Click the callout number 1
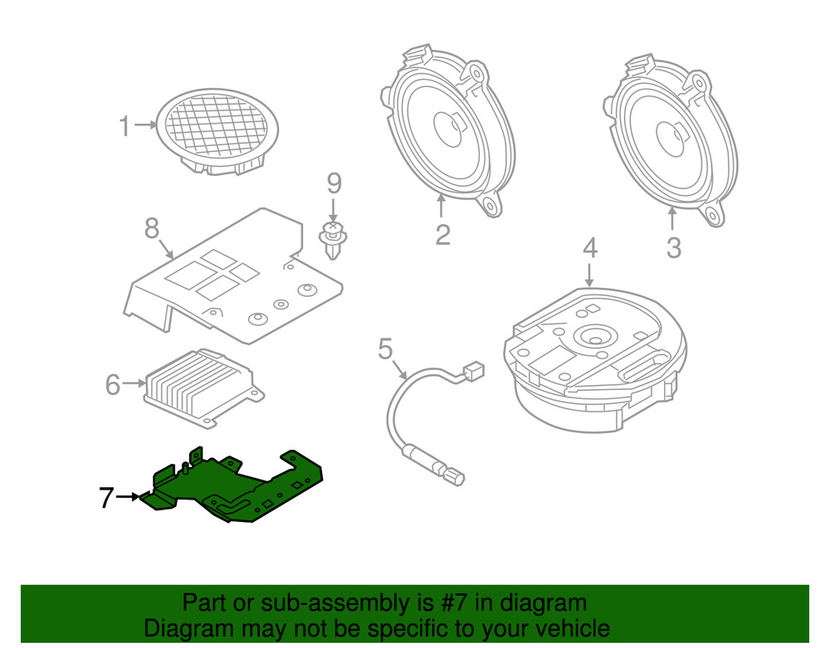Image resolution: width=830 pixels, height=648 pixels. [x=124, y=127]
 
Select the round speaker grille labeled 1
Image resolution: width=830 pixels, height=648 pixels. [x=217, y=130]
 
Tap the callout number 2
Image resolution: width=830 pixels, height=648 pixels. [x=442, y=235]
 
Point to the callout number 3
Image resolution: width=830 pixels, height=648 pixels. [x=673, y=246]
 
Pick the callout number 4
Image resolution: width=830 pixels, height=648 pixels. [x=589, y=247]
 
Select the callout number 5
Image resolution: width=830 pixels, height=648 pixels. [x=385, y=348]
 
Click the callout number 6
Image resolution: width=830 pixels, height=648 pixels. [x=114, y=384]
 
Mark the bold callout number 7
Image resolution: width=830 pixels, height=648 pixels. [x=105, y=498]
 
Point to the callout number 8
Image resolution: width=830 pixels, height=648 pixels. [x=151, y=228]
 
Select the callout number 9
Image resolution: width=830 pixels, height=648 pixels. [x=333, y=183]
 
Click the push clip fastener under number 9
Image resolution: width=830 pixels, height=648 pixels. [x=333, y=240]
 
